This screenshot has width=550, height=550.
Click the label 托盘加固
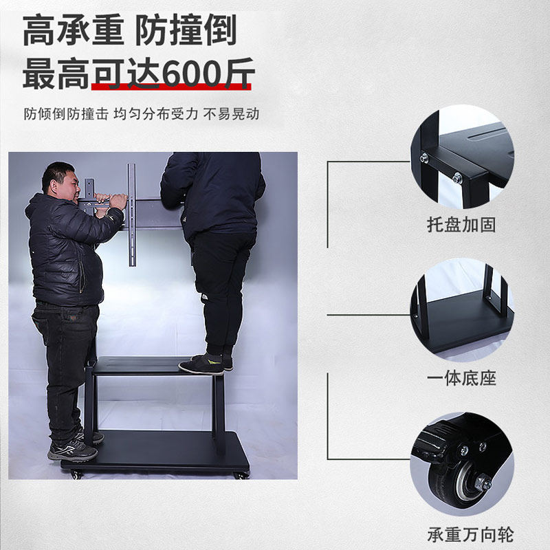coord(461,225)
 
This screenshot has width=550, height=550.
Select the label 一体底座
coord(461,379)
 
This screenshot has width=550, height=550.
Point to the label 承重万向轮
coord(470,535)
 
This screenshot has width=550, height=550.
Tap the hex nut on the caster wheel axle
coord(483,482)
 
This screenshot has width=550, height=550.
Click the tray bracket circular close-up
coord(462,157)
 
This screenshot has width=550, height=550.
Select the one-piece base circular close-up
coord(462,311)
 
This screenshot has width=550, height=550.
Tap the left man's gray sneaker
coord(73,451)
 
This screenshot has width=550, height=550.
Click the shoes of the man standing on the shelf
coord(205,364)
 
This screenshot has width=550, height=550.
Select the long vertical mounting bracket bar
coord(131,214)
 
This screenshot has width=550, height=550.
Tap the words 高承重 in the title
coord(74,30)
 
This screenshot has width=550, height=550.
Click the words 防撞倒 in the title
coord(186,30)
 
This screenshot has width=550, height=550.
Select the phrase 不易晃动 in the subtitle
coord(232,114)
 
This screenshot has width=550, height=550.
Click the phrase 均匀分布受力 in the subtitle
coord(156,114)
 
